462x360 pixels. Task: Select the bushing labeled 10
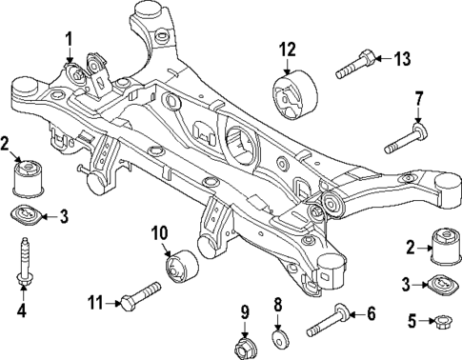click(180, 266)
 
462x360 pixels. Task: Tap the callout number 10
click(159, 232)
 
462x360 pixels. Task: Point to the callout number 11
click(94, 304)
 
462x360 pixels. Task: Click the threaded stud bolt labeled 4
click(21, 264)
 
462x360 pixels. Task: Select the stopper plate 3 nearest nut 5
click(439, 285)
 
